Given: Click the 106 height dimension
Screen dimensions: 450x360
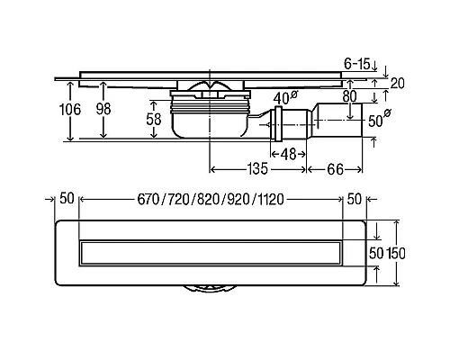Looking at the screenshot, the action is tap(70, 109).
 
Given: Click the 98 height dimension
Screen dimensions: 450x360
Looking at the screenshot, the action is tap(103, 109).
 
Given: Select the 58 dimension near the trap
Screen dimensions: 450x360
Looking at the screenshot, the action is tap(154, 119).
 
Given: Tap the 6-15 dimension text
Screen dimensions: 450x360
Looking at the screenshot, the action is tap(357, 64).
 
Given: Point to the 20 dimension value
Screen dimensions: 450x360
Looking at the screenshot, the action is tap(397, 83).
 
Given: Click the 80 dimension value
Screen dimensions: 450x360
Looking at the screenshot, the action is tap(349, 96).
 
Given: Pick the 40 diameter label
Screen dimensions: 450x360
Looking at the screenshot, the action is tap(285, 97).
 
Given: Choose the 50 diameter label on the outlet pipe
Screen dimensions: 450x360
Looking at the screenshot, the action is tap(379, 119).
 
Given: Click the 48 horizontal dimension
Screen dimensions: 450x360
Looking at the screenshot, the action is tap(288, 154).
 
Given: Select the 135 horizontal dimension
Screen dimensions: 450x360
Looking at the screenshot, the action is tap(257, 169).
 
